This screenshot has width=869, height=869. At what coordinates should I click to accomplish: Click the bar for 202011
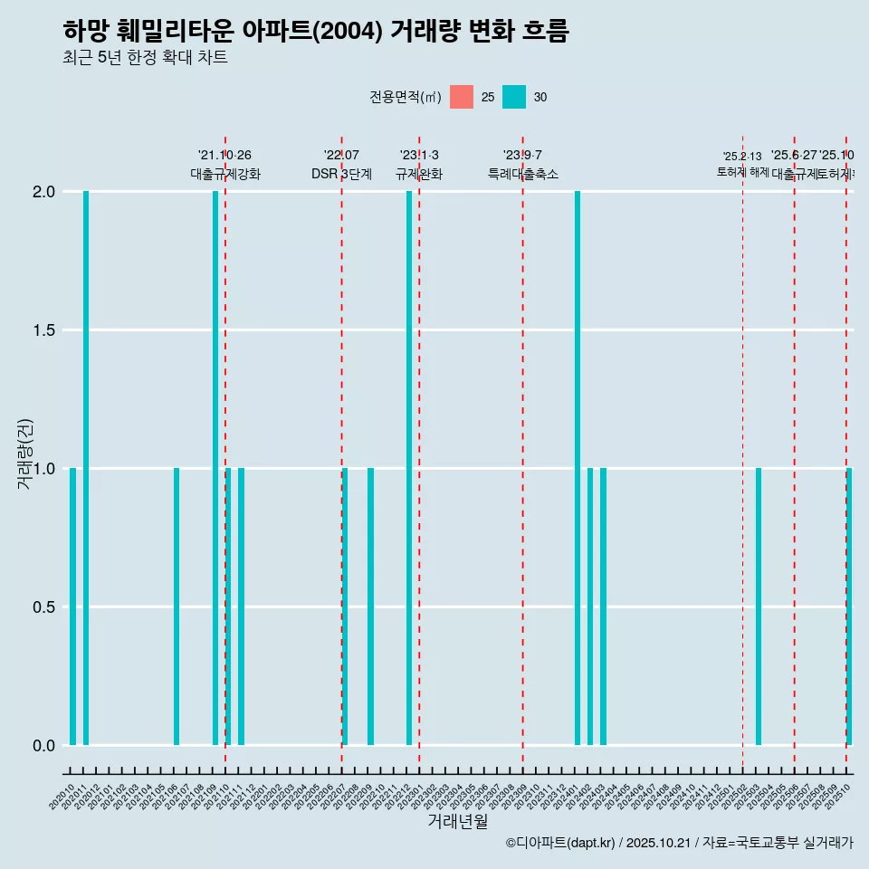click(x=86, y=468)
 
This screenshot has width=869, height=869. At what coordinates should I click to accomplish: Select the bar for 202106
click(x=177, y=606)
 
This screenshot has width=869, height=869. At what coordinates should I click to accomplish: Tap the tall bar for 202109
click(x=215, y=468)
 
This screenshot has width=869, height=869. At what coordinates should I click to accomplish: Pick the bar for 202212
click(x=409, y=468)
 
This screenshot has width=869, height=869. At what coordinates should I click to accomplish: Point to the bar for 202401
click(x=578, y=468)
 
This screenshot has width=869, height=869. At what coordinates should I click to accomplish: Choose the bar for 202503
click(x=759, y=606)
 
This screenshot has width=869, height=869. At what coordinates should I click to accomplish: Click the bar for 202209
click(x=370, y=606)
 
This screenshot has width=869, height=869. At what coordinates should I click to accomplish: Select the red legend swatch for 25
click(x=462, y=97)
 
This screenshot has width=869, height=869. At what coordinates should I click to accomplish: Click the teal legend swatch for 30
click(x=514, y=97)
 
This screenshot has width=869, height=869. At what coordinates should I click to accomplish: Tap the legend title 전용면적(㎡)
click(x=406, y=97)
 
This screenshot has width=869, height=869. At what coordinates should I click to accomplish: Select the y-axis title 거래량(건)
click(x=24, y=454)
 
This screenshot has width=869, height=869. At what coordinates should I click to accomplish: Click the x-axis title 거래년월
click(x=457, y=821)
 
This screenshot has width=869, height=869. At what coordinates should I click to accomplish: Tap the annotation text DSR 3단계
click(x=341, y=174)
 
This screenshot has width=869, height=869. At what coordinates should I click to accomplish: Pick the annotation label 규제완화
click(x=419, y=174)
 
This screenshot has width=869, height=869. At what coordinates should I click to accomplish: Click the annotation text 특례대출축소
click(x=522, y=174)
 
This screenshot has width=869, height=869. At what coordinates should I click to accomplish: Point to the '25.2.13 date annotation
click(x=742, y=157)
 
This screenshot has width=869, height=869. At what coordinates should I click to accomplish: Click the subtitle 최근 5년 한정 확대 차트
click(x=145, y=58)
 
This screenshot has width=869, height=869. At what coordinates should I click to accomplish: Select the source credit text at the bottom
click(x=679, y=843)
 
